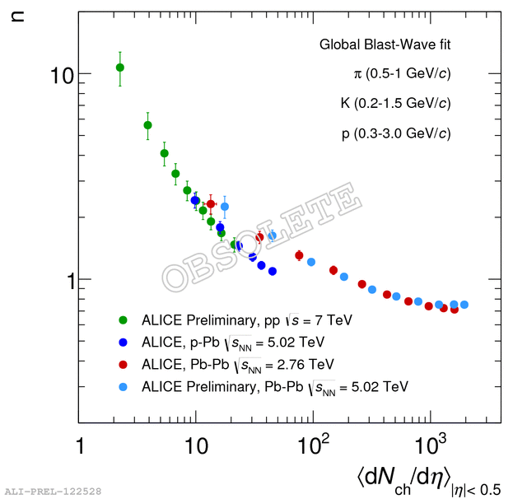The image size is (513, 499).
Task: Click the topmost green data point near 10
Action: (x=120, y=68)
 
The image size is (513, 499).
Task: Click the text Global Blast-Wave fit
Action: (x=385, y=44)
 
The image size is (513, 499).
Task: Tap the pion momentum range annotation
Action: (x=401, y=74)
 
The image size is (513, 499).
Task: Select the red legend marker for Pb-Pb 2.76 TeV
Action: (x=124, y=363)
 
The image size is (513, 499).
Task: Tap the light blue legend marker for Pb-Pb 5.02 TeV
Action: (x=124, y=385)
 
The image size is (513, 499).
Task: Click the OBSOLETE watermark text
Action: (x=262, y=240)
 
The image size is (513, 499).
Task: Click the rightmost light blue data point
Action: (x=464, y=305)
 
